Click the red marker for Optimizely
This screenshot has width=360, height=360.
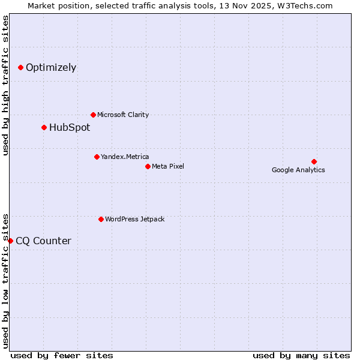click(x=20, y=67)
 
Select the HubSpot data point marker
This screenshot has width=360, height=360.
click(x=44, y=127)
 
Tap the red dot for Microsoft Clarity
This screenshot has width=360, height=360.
click(x=93, y=115)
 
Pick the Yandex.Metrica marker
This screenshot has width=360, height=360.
click(x=97, y=157)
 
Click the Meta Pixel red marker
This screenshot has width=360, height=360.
click(x=148, y=166)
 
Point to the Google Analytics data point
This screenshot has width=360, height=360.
click(x=314, y=161)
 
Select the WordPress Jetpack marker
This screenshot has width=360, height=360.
click(x=101, y=219)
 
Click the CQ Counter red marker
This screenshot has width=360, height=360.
click(x=10, y=241)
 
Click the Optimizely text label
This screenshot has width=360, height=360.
click(x=51, y=67)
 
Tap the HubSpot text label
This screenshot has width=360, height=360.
click(x=70, y=127)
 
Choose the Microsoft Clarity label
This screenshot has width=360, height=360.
click(x=123, y=115)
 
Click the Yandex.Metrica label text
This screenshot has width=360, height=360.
click(x=125, y=157)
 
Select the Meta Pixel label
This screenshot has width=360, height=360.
click(x=168, y=166)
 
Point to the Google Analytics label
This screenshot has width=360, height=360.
click(x=298, y=170)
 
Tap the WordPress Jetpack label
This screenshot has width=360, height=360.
click(x=134, y=219)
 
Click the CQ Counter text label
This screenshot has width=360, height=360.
click(x=43, y=241)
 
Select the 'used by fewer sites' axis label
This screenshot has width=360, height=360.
click(x=62, y=355)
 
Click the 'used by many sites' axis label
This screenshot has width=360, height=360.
click(x=301, y=355)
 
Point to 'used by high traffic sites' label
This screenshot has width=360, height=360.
click(x=5, y=85)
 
